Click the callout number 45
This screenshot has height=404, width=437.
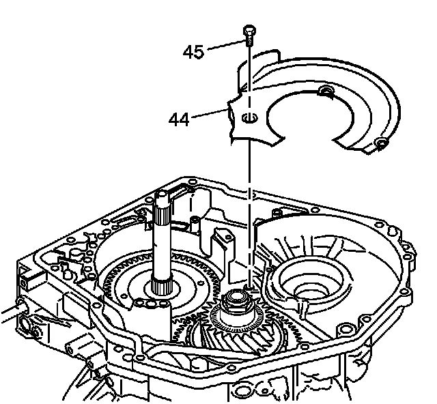(193, 52)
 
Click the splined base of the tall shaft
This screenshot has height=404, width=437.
(163, 287)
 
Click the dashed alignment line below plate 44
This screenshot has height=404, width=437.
(251, 205)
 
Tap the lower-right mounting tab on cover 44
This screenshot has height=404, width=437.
(381, 144)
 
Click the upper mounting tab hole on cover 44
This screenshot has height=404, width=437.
(326, 91)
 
